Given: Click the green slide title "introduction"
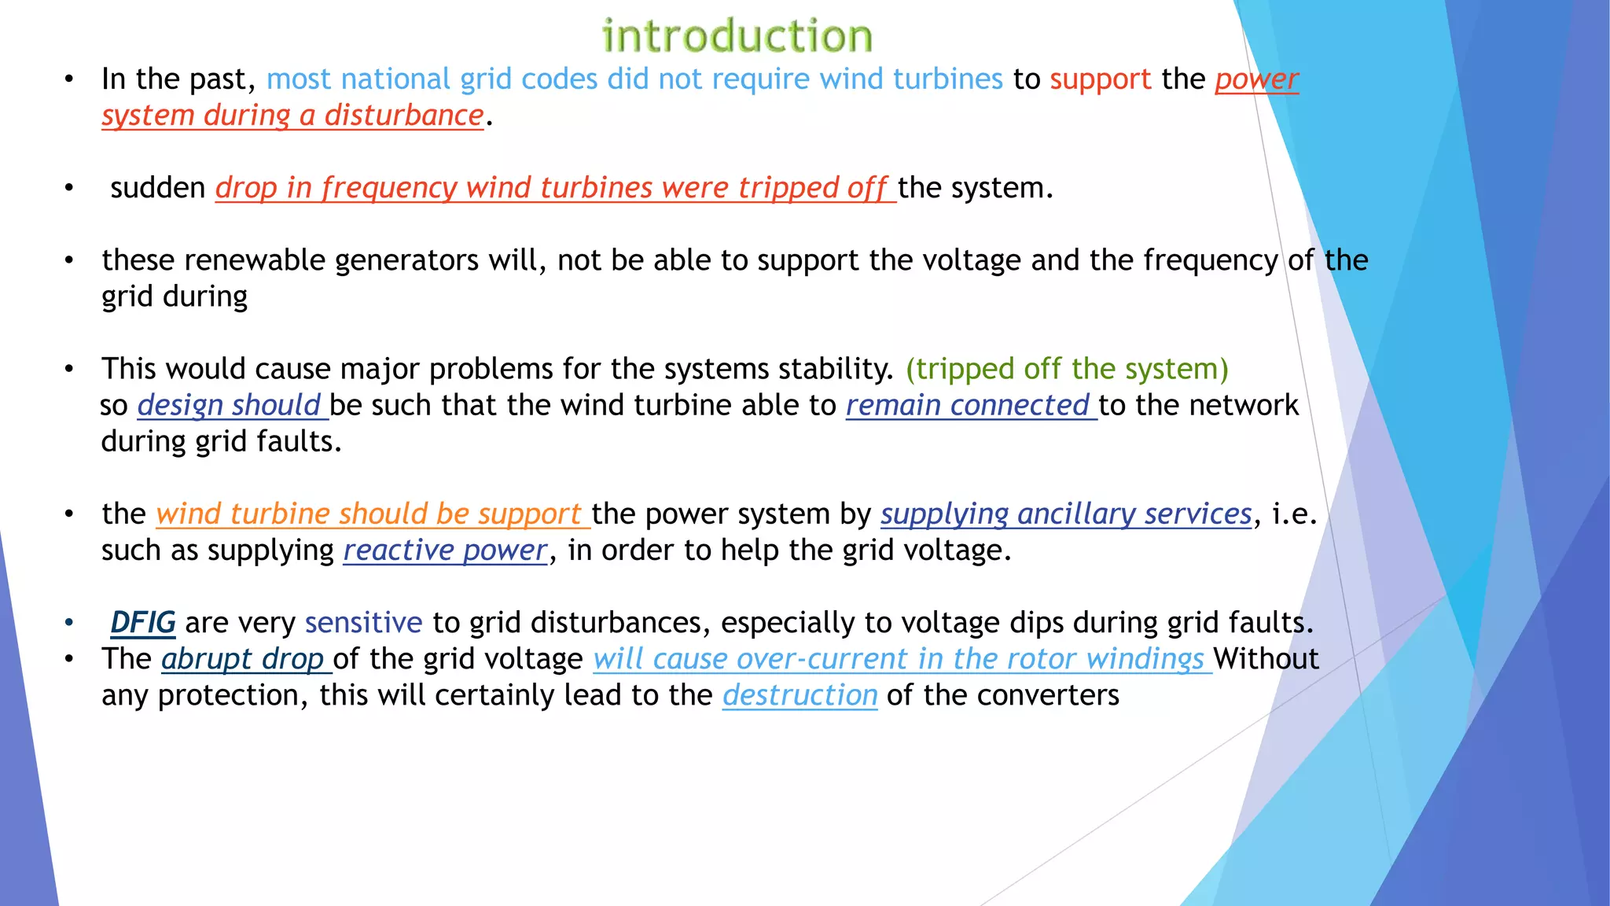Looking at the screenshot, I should coord(737,36).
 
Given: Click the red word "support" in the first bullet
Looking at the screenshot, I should coord(1100,79).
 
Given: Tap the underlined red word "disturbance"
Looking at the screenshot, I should coord(404,116).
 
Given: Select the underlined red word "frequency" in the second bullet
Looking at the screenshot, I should coord(389,188).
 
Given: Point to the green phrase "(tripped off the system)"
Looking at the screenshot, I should coord(1067,369).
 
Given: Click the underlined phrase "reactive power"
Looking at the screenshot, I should coord(445,550).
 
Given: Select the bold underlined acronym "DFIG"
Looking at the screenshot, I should coord(142,622).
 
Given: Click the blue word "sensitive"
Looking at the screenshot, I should coord(363,622).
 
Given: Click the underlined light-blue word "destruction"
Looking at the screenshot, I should coord(799,695).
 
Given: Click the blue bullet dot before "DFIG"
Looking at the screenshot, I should coord(69,623).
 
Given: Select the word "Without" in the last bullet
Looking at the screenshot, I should coord(1266,658).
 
